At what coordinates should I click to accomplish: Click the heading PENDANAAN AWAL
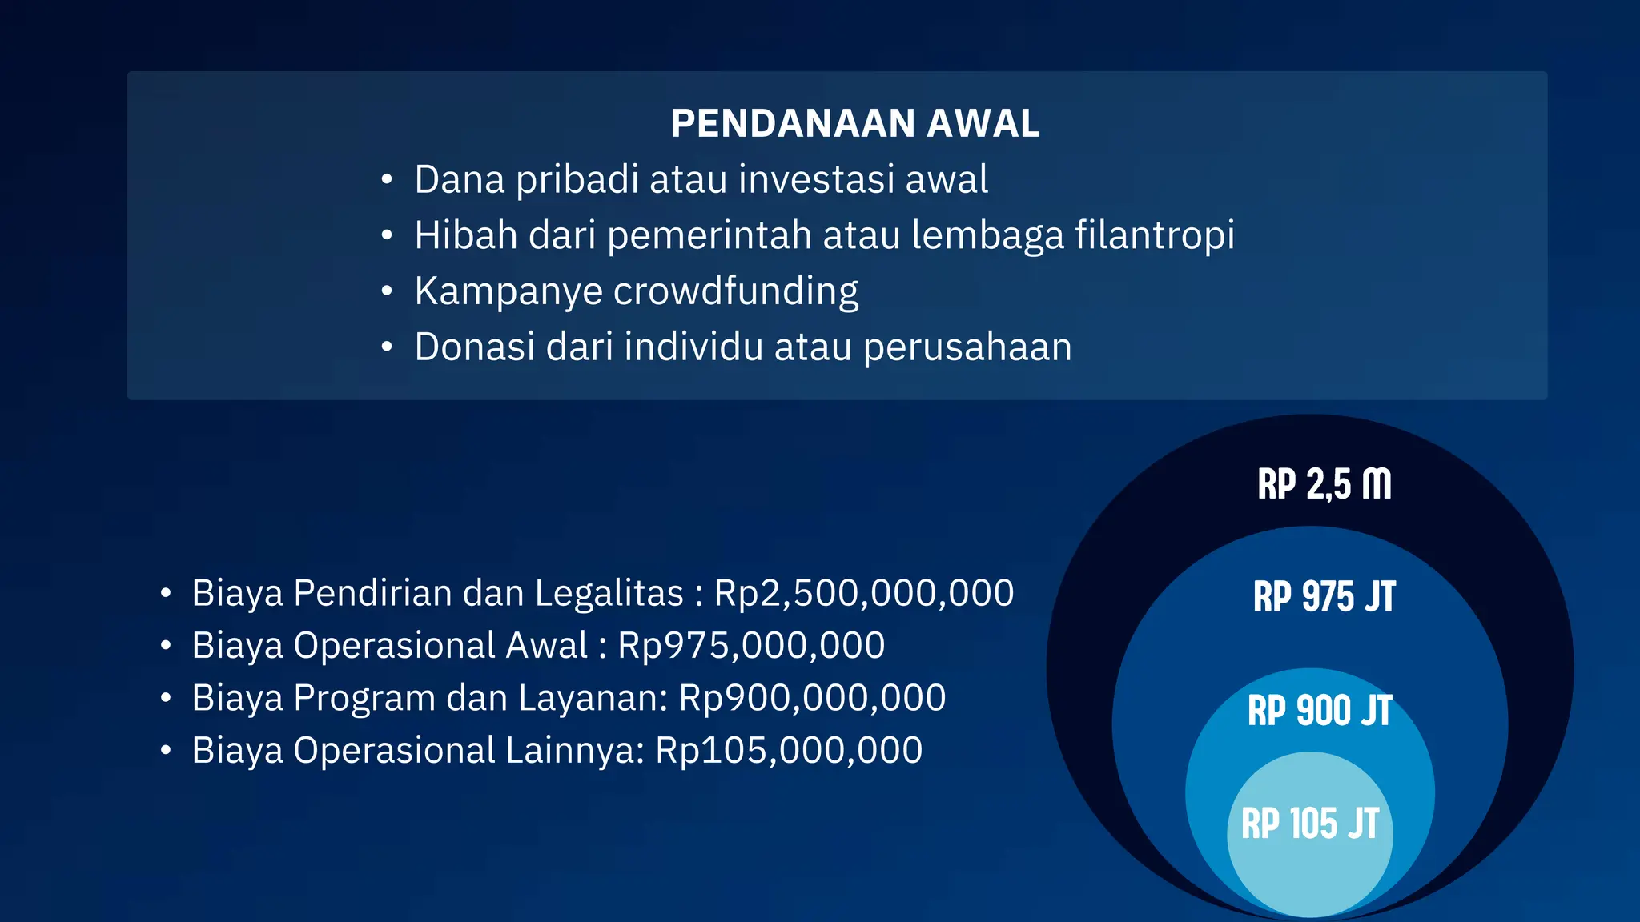[854, 124]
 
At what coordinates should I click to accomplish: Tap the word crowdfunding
[736, 291]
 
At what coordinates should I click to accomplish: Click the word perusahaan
[967, 348]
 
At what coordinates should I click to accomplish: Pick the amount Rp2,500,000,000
[864, 594]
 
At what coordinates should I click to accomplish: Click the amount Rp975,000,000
[751, 646]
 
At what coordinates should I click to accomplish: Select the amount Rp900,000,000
[812, 698]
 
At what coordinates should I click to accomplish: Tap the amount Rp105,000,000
[789, 751]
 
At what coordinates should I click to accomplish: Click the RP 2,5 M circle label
[1324, 485]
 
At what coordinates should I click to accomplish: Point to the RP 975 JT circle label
[1324, 597]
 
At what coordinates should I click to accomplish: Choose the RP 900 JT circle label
[1320, 711]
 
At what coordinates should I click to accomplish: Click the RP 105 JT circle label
[1310, 824]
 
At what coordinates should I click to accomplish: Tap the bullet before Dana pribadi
[387, 179]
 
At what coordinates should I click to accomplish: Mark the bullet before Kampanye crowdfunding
[387, 291]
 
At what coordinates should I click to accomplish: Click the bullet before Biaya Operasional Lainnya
[166, 751]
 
